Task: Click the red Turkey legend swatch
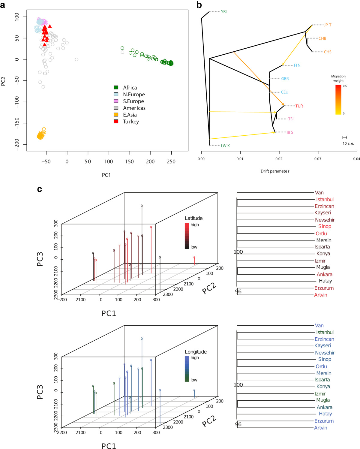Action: (116, 122)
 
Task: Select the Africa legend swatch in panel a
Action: (116, 87)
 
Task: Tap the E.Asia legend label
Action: (130, 115)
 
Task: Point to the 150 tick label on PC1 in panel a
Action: (130, 161)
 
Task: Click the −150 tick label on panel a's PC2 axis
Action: (17, 123)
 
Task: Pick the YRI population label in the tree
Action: (224, 12)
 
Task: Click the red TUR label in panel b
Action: (299, 106)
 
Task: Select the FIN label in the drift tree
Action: (297, 65)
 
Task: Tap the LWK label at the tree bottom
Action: (225, 146)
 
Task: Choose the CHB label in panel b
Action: (322, 38)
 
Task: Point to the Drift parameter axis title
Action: (275, 171)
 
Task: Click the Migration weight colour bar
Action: (338, 100)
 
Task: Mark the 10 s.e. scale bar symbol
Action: (345, 137)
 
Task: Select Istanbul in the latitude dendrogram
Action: (325, 200)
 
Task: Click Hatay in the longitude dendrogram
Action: (325, 414)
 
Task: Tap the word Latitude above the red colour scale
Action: (193, 218)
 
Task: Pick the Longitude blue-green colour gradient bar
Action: (187, 369)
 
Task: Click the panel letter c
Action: (39, 189)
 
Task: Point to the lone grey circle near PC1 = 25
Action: (76, 59)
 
